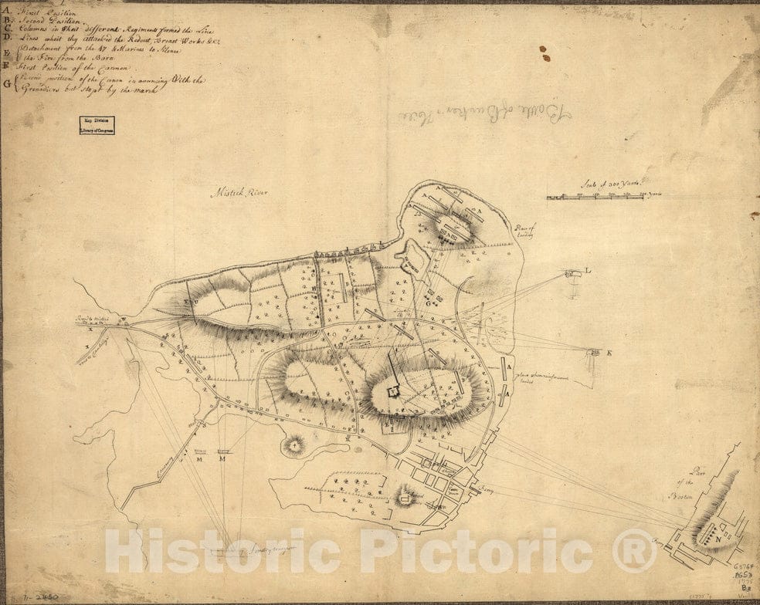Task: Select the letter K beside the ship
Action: point(609,353)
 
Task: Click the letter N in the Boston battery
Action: point(720,532)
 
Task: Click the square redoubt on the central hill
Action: point(392,392)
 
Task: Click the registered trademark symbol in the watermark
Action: point(634,550)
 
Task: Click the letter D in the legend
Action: point(7,39)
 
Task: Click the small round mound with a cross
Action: point(293,444)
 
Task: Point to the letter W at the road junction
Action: point(121,319)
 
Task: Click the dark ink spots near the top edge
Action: point(545,53)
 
